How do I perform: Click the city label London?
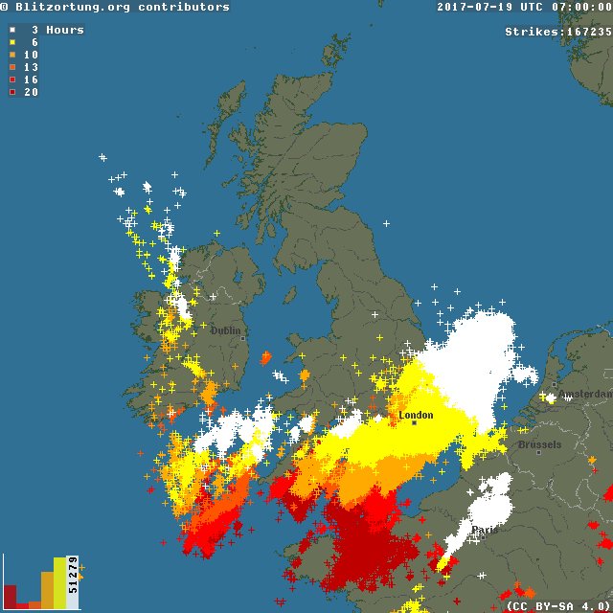pos(416,416)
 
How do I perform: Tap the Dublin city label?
pos(226,330)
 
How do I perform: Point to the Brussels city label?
pos(539,445)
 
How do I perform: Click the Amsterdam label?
pos(585,395)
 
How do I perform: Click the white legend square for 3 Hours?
pos(12,30)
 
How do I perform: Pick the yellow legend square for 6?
pos(12,42)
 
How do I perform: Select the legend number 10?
pos(31,55)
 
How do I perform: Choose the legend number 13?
pos(31,67)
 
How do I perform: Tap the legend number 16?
pos(31,79)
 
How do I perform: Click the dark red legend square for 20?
pos(12,92)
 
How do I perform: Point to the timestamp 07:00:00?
pos(579,7)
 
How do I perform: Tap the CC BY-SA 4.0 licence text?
pos(557,605)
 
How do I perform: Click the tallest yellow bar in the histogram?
pos(59,583)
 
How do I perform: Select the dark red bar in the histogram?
pos(11,597)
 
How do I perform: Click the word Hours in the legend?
pos(65,30)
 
